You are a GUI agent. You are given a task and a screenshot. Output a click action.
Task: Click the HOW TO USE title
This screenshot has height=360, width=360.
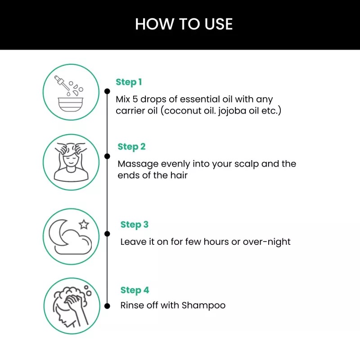[x=184, y=24]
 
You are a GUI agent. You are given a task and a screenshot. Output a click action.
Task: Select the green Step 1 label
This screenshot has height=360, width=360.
[x=129, y=82]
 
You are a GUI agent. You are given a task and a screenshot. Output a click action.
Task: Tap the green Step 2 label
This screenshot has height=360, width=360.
[x=131, y=147]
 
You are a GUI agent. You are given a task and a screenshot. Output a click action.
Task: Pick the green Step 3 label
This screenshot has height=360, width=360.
[x=135, y=225]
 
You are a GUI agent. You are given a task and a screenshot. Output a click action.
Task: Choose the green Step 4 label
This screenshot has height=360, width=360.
[x=135, y=290]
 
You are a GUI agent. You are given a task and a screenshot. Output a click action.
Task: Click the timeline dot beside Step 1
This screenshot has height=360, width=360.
[x=107, y=91]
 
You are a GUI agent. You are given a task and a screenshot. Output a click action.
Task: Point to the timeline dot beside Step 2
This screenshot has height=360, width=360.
[x=107, y=156]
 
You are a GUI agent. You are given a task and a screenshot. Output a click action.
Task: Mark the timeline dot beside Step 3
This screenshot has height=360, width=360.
[x=107, y=234]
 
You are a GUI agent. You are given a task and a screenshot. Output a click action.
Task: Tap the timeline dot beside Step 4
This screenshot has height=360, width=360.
[x=107, y=306]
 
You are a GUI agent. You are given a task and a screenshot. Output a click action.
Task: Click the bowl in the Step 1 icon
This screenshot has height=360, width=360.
[x=71, y=104]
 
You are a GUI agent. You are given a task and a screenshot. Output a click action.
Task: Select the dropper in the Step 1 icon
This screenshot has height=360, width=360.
[x=62, y=82]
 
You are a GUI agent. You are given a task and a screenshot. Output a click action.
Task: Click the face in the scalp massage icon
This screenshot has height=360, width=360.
[x=71, y=161]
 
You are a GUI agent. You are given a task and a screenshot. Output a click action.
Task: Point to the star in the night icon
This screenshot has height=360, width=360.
[x=84, y=224]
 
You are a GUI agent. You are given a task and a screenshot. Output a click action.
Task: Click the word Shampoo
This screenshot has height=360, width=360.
[x=203, y=306]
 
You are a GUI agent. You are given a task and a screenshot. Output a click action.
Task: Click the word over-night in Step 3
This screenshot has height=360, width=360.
[x=266, y=242]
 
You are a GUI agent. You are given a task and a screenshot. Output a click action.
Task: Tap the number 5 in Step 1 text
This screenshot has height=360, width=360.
[x=135, y=99]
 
